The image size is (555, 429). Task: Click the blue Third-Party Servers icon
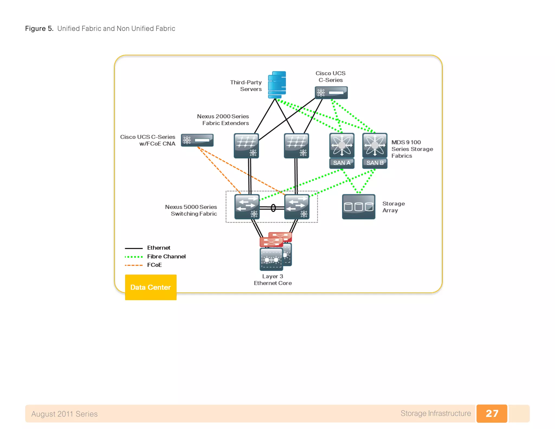click(277, 85)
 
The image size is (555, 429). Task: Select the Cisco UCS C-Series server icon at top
click(331, 93)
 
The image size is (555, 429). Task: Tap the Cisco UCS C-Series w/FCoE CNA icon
click(197, 140)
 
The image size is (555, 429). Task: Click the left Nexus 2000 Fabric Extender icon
click(246, 146)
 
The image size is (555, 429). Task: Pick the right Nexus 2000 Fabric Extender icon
click(296, 146)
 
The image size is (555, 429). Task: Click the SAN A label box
click(342, 163)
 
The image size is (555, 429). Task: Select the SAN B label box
click(375, 163)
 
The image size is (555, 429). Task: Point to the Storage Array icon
click(358, 207)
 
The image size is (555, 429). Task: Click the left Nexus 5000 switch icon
click(247, 207)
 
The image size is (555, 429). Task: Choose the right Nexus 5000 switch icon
click(297, 207)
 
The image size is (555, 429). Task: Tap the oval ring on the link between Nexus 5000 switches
click(273, 208)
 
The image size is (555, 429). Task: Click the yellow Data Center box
click(151, 287)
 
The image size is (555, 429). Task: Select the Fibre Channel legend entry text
click(166, 257)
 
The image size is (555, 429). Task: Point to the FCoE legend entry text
click(154, 265)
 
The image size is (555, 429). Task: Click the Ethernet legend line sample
click(134, 248)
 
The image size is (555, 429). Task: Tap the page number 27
click(492, 413)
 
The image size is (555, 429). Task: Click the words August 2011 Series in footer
click(64, 414)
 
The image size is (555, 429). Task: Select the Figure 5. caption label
click(39, 28)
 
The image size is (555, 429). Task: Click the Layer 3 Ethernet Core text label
click(273, 280)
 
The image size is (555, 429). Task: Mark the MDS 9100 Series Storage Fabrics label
click(412, 149)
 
